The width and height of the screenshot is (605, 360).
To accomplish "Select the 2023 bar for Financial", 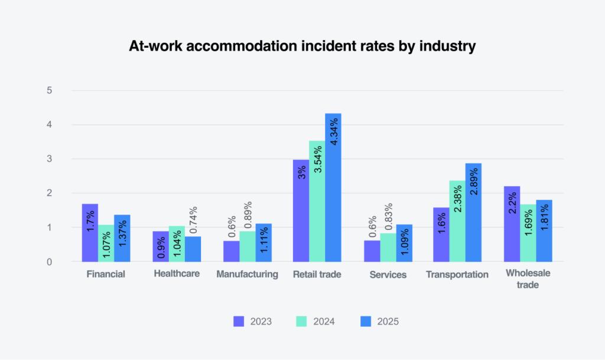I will (x=90, y=232).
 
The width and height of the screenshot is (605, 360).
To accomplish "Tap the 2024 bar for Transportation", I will (x=457, y=220).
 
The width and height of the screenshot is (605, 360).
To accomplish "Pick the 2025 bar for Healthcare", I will (x=193, y=249).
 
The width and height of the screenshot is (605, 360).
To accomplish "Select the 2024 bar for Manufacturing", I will (x=248, y=246).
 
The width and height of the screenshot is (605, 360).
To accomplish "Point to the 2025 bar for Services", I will (x=404, y=243).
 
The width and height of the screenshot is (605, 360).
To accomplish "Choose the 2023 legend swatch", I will (x=239, y=322).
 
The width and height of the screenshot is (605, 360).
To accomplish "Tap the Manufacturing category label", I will (x=247, y=274).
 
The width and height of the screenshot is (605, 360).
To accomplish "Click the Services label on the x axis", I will (x=388, y=274).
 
